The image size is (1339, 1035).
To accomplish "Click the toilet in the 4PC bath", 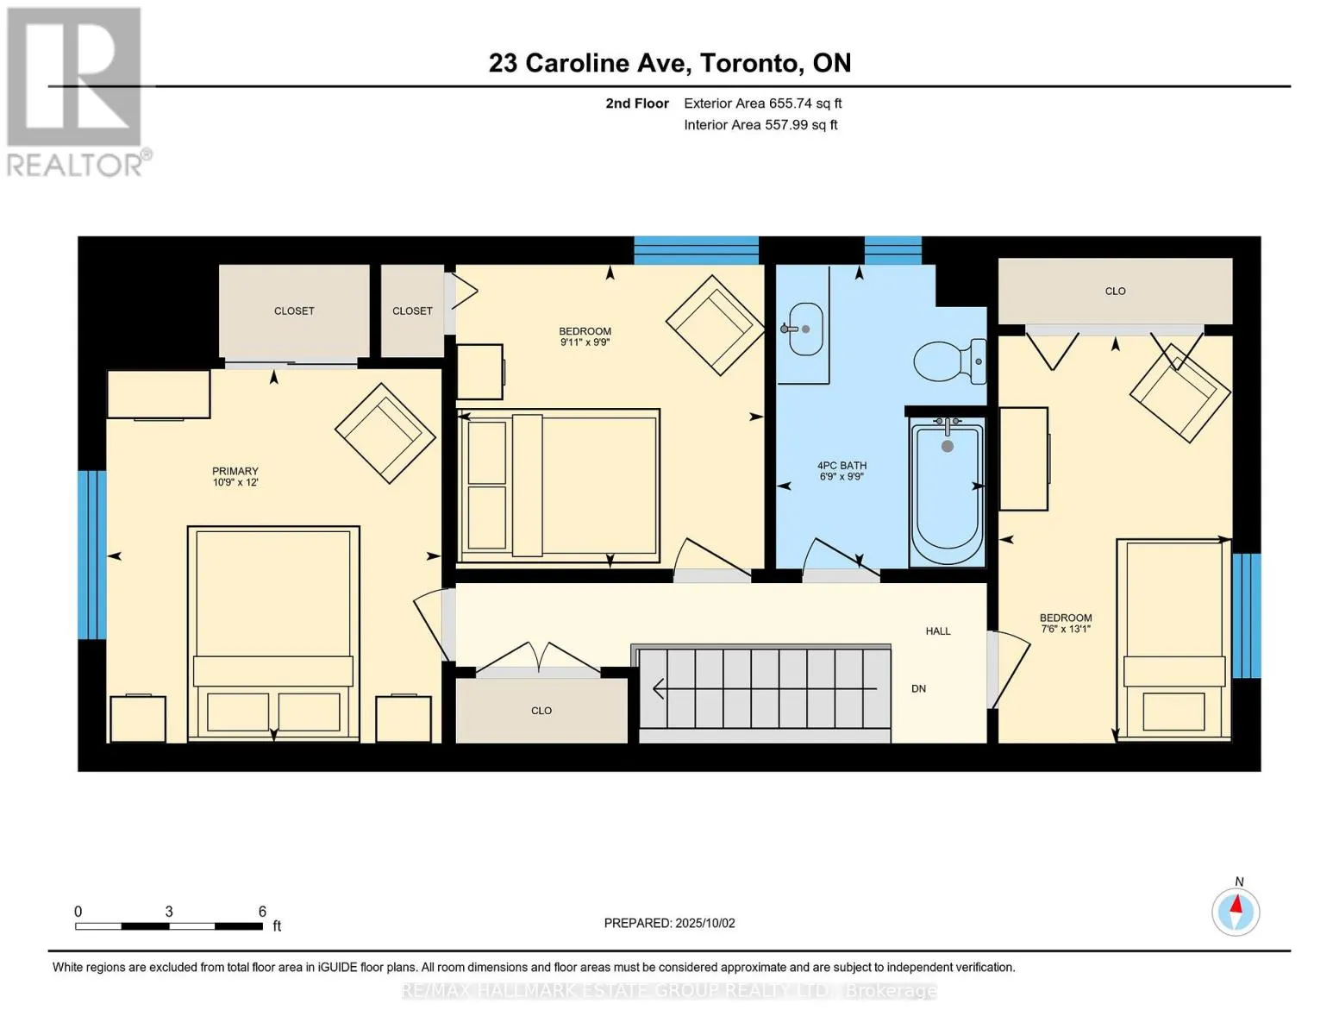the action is point(949,361).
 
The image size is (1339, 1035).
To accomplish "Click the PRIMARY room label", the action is point(235,471).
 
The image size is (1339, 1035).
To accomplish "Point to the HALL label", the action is point(938,630).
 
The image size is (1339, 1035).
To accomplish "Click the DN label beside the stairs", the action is point(918,688).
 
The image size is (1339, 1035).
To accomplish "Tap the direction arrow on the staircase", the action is point(764,688).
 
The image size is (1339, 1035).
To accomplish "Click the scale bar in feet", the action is point(169,925).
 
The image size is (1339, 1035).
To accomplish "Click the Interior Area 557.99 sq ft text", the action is point(760,125).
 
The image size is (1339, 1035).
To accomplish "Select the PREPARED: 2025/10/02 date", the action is point(669,923).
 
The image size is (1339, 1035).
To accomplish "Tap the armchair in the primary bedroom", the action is point(385,433).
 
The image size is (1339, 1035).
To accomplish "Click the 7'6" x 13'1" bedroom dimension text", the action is point(1066,629).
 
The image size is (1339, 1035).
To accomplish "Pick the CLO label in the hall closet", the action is point(541,711).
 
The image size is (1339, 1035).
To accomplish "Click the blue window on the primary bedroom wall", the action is point(91,555).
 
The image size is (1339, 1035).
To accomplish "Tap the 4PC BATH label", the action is point(842,466).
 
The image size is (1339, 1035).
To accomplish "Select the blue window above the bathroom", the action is point(893,250).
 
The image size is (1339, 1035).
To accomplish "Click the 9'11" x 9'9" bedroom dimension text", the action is point(585,342).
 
